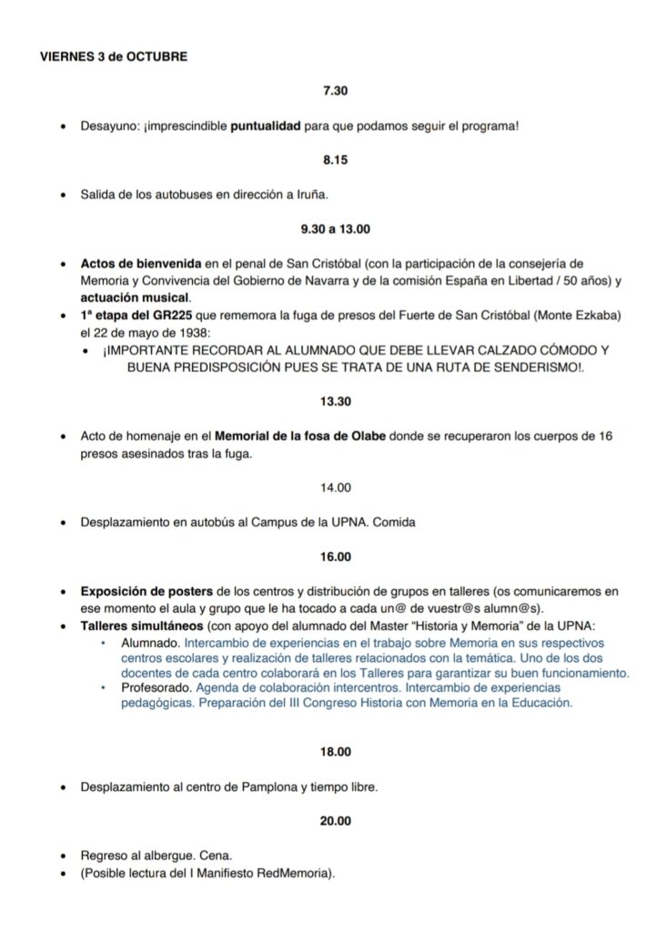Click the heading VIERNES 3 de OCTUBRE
[x=114, y=56]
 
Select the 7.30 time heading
[x=336, y=91]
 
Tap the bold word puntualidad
[x=265, y=125]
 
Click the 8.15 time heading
[x=336, y=160]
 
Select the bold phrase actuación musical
[x=135, y=297]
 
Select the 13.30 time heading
[x=336, y=401]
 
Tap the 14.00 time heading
[x=336, y=487]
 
